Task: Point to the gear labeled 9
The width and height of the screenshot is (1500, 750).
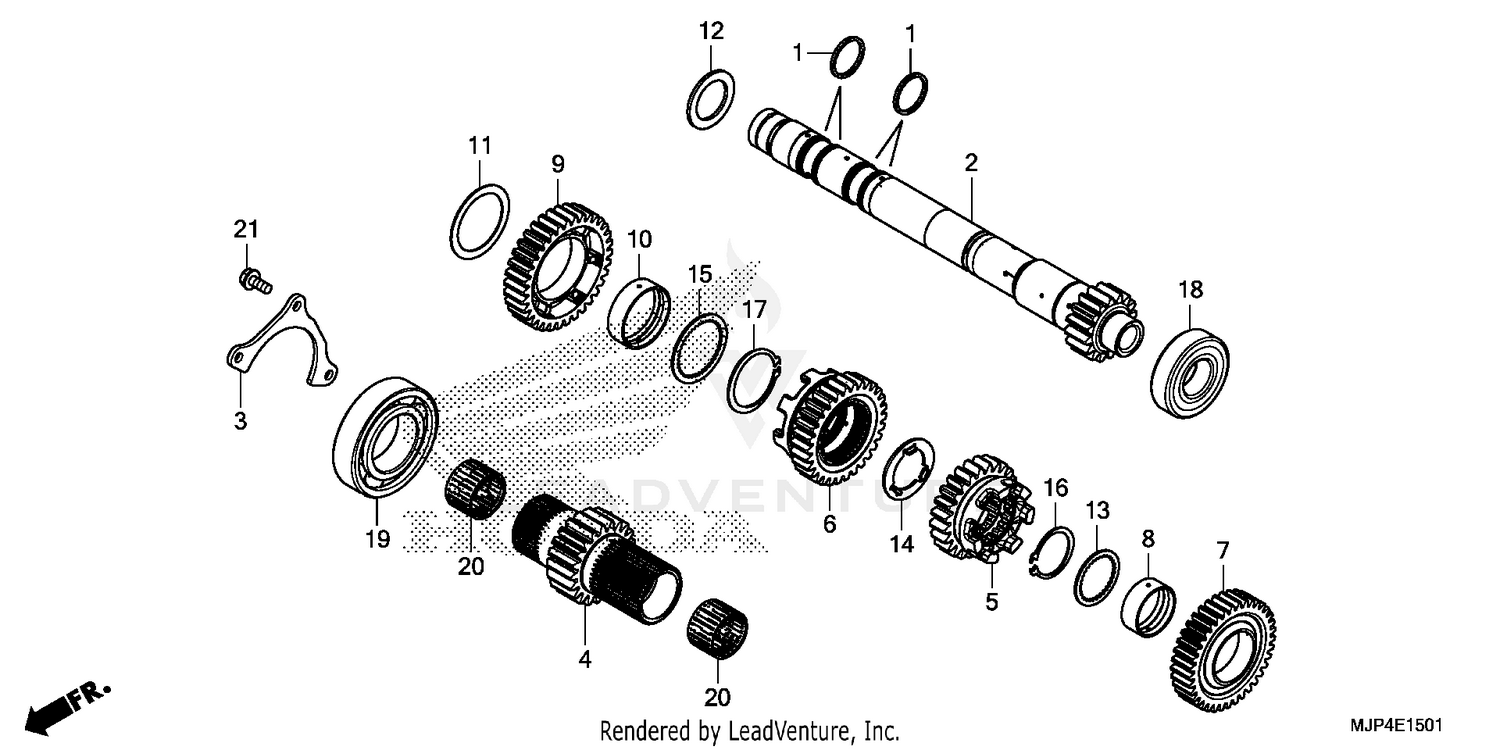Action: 553,265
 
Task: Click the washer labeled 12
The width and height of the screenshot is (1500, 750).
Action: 712,97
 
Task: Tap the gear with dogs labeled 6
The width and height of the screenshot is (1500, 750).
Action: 830,425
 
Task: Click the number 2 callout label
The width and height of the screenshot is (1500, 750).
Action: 970,162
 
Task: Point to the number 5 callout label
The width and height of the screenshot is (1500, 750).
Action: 991,603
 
